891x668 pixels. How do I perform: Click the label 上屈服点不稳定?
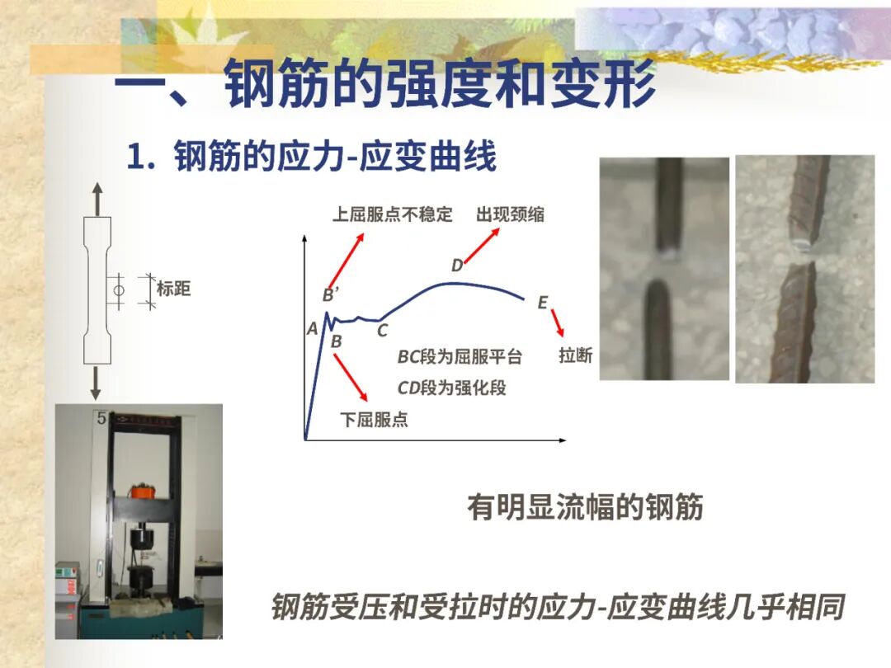(x=393, y=215)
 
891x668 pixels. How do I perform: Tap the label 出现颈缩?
(x=510, y=215)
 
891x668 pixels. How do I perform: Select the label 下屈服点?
(x=374, y=420)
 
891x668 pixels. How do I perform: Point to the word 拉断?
(x=575, y=356)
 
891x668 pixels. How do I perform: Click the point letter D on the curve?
(x=457, y=266)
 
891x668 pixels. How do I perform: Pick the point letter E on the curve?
(x=542, y=303)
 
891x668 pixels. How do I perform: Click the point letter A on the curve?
(x=312, y=329)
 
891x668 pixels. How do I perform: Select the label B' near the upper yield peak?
(x=330, y=295)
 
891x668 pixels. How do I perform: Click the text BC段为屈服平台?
(x=460, y=357)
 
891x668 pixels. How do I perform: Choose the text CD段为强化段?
(x=451, y=387)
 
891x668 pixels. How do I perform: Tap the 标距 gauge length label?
(x=173, y=289)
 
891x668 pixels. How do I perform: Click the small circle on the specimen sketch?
(x=119, y=291)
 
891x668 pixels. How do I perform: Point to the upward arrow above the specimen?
(x=97, y=198)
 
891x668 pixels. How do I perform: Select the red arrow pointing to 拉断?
(x=557, y=322)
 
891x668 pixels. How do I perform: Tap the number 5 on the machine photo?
(x=101, y=419)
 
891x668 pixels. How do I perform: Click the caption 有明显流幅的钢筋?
(x=585, y=507)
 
